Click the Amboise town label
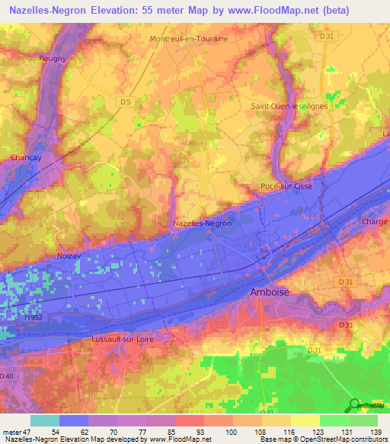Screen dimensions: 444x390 pos(270,292)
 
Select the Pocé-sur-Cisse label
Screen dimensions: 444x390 pos(286,185)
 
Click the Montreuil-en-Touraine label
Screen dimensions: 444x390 pos(189,38)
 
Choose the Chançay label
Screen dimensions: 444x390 pos(25,158)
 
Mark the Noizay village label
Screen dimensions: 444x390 pos(69,257)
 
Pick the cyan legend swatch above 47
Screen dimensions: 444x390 pos(45,420)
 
